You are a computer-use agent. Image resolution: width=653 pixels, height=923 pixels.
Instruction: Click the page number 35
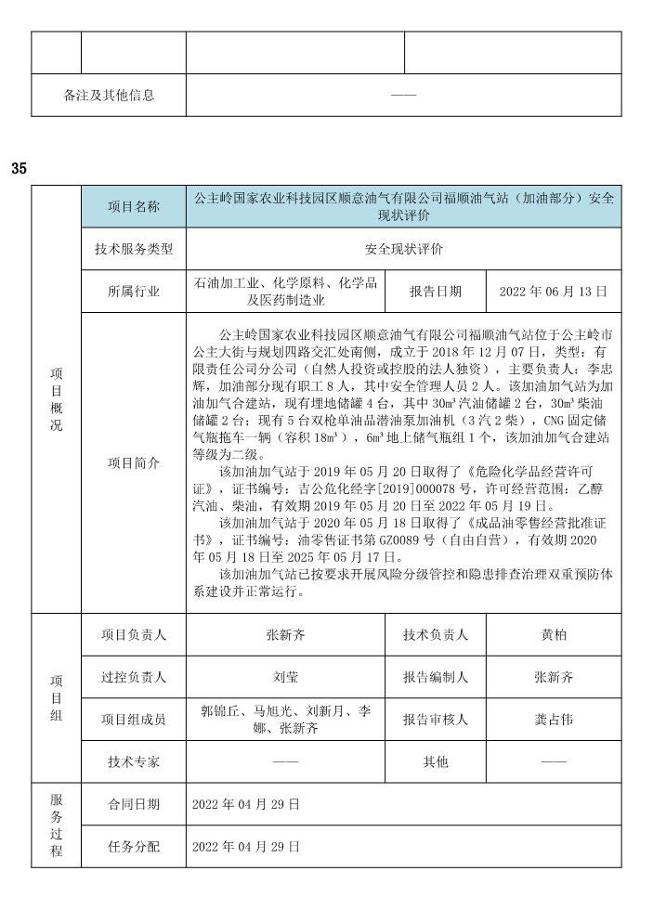click(20, 169)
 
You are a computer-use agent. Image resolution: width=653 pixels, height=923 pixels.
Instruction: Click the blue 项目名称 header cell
click(134, 206)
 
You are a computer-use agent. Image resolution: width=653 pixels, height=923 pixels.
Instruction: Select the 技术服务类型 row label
click(134, 249)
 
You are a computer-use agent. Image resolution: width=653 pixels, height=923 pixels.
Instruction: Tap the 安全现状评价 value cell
click(404, 249)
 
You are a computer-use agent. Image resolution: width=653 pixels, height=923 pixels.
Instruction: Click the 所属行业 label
click(134, 291)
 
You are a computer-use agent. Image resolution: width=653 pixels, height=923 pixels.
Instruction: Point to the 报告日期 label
click(436, 291)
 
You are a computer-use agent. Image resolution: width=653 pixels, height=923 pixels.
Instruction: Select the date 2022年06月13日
click(554, 291)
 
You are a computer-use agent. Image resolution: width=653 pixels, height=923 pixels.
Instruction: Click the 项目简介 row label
click(134, 461)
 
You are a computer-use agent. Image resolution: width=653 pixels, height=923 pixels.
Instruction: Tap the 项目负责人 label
click(134, 635)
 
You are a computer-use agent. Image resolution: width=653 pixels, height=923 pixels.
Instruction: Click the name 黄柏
click(554, 635)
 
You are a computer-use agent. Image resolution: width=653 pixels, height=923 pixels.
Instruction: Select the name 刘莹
click(286, 678)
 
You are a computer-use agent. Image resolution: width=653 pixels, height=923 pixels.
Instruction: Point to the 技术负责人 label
click(436, 635)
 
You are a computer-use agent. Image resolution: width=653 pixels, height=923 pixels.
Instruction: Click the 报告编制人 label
click(436, 678)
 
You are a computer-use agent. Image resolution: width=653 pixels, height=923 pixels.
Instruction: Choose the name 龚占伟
click(554, 719)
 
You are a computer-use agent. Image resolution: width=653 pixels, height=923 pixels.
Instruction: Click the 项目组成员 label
click(134, 719)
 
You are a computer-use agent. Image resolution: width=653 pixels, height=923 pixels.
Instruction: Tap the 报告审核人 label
click(436, 719)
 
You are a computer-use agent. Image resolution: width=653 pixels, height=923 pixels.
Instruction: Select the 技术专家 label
click(134, 761)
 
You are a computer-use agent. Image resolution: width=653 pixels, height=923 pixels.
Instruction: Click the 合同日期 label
click(134, 804)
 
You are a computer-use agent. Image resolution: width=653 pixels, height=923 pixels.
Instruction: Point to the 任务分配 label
click(134, 847)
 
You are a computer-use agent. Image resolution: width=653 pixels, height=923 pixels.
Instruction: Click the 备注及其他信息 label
click(109, 95)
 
